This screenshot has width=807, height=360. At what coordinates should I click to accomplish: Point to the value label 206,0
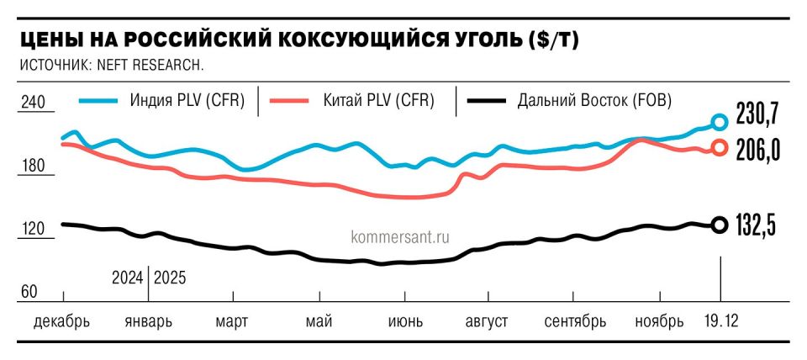[x=759, y=150]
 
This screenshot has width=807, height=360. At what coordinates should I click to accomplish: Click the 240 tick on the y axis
[x=31, y=103]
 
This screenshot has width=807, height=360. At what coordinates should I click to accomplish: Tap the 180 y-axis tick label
[x=31, y=167]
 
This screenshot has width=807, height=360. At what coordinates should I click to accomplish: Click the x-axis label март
[x=231, y=321]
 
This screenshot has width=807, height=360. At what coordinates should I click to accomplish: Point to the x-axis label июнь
[x=405, y=321]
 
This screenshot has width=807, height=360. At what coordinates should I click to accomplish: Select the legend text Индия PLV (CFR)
[x=187, y=101]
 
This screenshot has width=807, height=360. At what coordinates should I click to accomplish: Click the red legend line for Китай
[x=293, y=101]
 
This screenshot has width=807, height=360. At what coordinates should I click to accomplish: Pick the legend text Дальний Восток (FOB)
[x=594, y=101]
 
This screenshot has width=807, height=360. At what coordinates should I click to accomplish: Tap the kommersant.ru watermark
[x=393, y=237]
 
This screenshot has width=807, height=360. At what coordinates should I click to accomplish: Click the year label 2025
[x=171, y=277]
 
